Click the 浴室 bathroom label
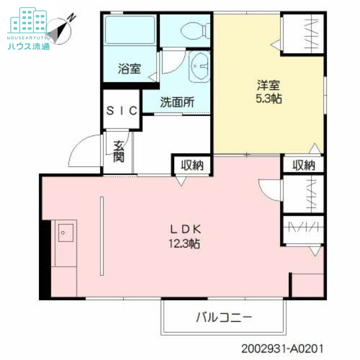(130, 69)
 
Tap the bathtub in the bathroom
(130, 30)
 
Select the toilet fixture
(194, 30)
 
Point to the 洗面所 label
(177, 102)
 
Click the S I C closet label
(122, 111)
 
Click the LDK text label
(184, 229)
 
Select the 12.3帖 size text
(184, 244)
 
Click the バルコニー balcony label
(224, 318)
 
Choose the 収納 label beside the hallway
(192, 165)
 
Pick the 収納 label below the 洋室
(304, 165)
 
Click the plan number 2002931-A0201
(282, 349)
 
